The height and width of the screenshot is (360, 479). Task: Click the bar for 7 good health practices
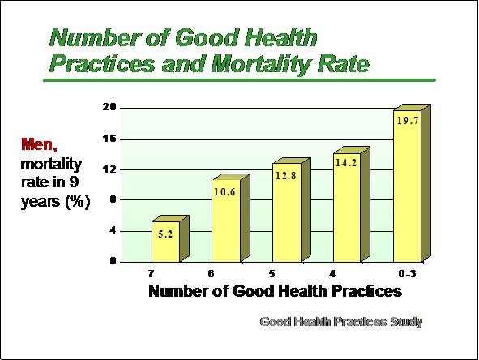pos(170,238)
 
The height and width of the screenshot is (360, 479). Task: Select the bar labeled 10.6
pos(231,218)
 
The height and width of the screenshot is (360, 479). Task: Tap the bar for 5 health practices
pos(291,210)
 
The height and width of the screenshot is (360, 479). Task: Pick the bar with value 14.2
pos(351,204)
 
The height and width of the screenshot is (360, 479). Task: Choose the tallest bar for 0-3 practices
pos(412,183)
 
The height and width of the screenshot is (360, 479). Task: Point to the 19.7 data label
pos(408,121)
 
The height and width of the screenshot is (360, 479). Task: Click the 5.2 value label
pos(165,234)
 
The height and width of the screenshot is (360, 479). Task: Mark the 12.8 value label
pos(285,176)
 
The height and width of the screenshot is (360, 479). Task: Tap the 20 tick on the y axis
pos(109,107)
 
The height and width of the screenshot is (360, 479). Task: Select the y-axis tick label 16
pos(109,139)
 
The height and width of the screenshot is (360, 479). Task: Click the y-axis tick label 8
pos(113,199)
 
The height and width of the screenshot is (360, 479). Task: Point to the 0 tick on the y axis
pos(113,261)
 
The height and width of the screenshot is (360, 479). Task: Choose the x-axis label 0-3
pos(407,273)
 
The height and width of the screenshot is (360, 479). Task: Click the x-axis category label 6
pos(211,273)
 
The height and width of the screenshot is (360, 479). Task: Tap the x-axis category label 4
pos(332,273)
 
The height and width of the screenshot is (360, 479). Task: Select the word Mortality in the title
pos(261,65)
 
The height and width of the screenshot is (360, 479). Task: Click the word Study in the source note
pos(406,322)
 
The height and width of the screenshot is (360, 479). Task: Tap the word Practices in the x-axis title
pos(366,291)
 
